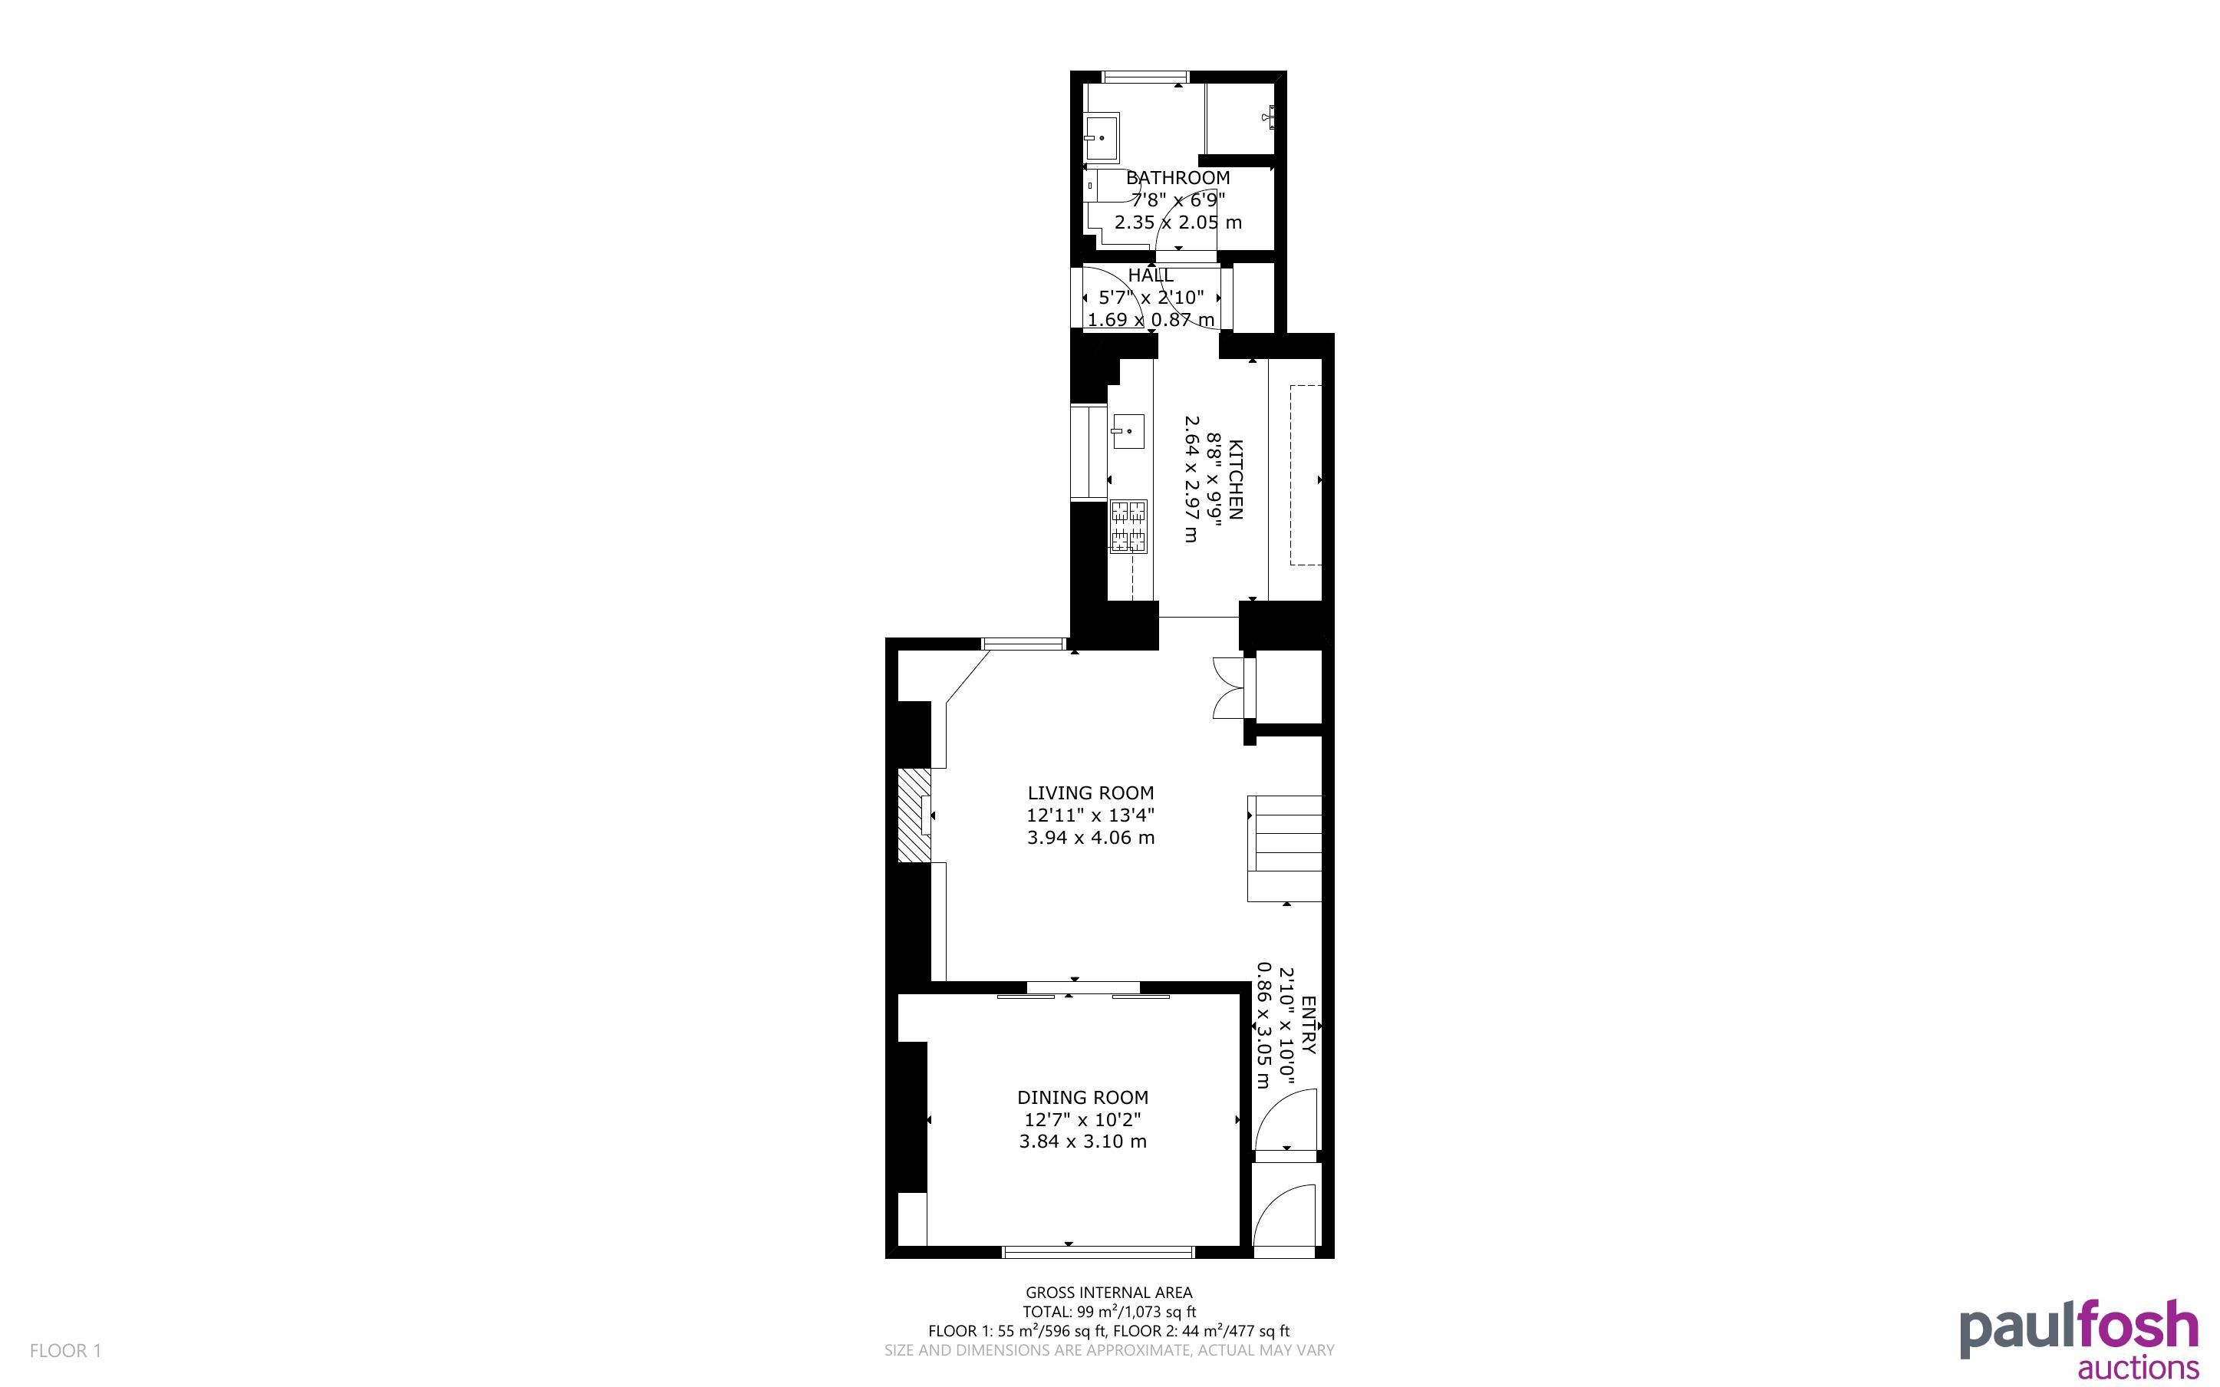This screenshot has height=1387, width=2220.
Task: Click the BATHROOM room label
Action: [1178, 178]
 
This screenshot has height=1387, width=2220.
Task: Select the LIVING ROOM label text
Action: [1090, 792]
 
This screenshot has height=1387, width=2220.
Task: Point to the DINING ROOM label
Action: [1083, 1097]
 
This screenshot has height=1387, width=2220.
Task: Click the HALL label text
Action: [1150, 275]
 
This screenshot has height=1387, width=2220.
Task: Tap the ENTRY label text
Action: [1309, 1025]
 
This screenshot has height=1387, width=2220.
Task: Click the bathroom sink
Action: [1102, 137]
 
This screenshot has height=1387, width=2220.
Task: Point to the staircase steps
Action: [1285, 848]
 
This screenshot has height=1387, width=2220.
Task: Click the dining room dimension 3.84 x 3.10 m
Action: [1083, 1142]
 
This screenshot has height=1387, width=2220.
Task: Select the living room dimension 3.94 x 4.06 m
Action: [1090, 837]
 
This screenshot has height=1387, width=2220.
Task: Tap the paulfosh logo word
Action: [2079, 1329]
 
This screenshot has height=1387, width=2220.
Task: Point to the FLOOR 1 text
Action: [65, 1350]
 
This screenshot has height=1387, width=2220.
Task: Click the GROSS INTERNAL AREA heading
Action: [1108, 1293]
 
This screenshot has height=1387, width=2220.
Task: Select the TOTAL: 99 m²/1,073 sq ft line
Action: [1108, 1312]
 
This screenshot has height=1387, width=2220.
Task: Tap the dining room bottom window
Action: [1098, 1252]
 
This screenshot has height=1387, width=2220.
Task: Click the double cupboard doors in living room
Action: [1227, 687]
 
